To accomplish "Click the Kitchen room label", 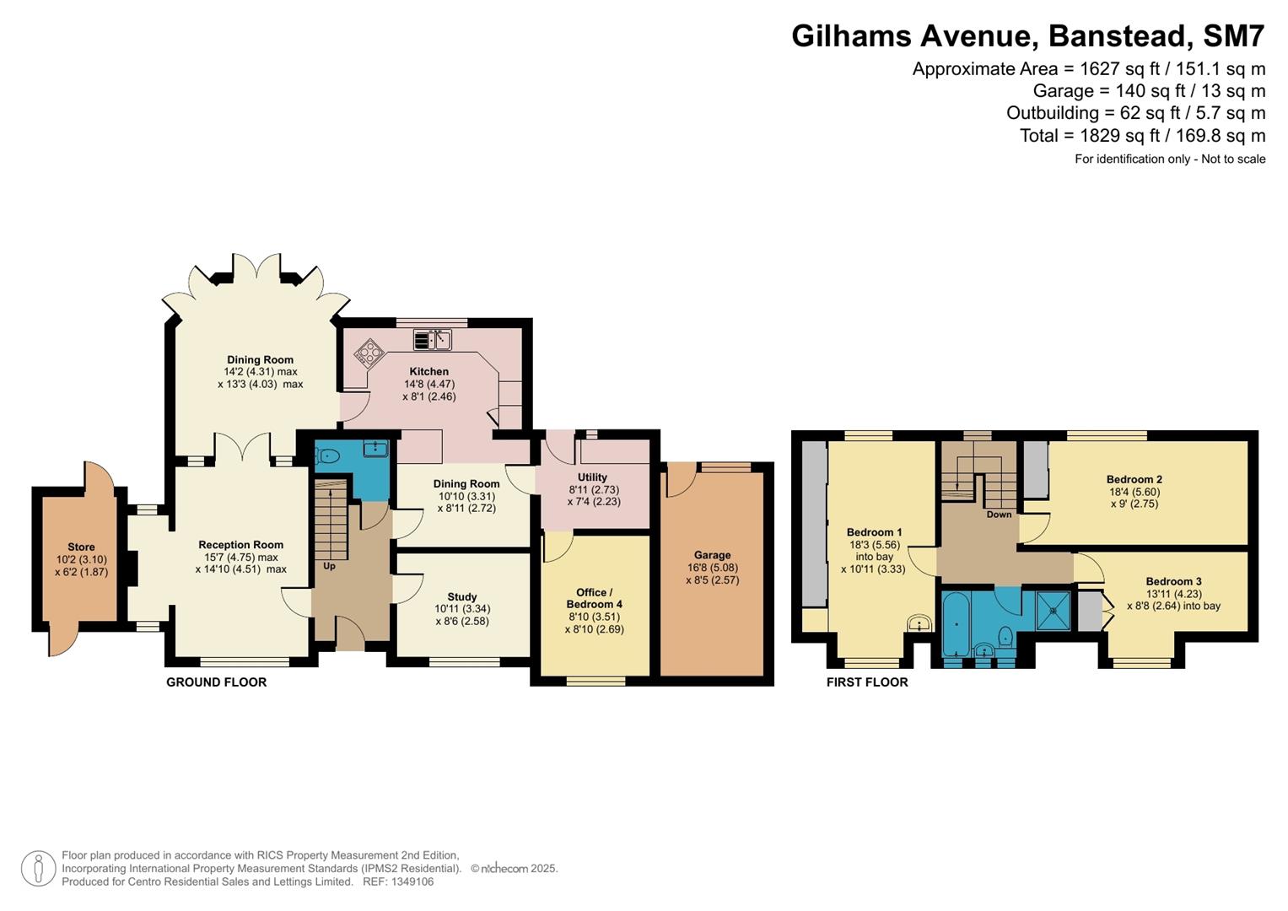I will (428, 371).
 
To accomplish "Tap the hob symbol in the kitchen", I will (368, 353).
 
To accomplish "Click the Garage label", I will (712, 555).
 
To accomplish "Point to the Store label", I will (81, 547).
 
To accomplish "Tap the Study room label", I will (462, 596).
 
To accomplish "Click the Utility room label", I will (592, 477).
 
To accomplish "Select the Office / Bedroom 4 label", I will (594, 598).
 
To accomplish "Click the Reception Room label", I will (240, 545).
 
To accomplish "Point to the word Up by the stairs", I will (329, 566).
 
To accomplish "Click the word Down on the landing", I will (999, 515).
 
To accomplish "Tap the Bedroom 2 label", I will (1134, 479).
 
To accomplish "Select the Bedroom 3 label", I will (1173, 581).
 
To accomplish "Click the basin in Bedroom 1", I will (919, 624).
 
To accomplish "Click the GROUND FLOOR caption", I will (216, 682).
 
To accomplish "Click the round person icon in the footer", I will (38, 868).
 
